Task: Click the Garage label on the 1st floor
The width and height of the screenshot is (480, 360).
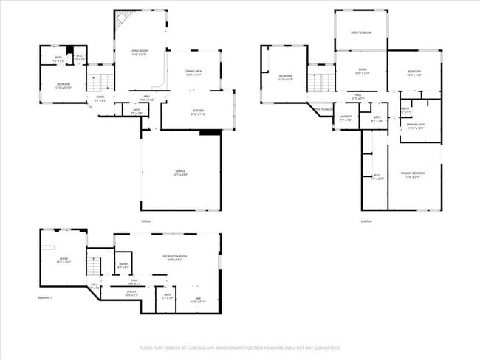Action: point(180,174)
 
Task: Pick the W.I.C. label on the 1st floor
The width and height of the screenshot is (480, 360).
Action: point(80,58)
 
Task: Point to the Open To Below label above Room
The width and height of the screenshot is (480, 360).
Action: point(360,33)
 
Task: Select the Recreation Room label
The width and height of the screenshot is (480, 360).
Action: point(174,257)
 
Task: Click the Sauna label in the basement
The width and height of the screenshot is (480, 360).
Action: point(123,266)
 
